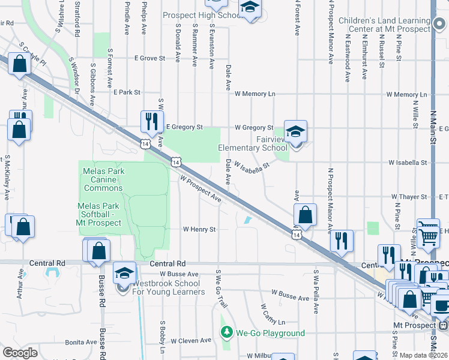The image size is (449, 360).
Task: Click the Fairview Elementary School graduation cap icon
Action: [295, 131]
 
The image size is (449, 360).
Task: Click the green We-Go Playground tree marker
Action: [226, 332]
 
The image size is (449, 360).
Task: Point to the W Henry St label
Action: [199, 229]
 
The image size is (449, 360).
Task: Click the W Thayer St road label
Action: [409, 197]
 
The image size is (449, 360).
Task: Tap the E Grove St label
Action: [149, 59]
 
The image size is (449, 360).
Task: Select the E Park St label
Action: [127, 93]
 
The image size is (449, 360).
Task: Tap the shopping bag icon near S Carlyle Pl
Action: [19, 64]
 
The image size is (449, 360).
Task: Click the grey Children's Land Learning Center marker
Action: [441, 25]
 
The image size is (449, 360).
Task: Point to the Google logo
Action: [20, 353]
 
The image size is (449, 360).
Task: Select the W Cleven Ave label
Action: [191, 340]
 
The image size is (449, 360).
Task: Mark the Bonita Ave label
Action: [81, 342]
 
